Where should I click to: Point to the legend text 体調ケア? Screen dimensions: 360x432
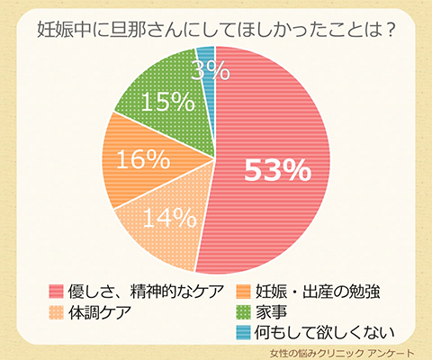[x=100, y=311]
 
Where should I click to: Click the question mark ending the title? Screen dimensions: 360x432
[x=391, y=26]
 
